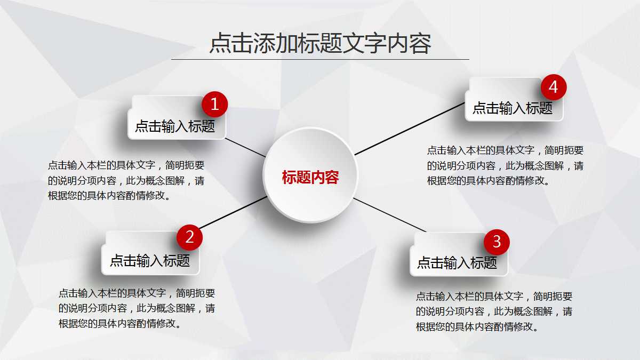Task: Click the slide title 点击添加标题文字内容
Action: (320, 44)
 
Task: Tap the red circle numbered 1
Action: (215, 105)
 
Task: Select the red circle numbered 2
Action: (189, 237)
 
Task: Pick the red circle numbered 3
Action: (497, 242)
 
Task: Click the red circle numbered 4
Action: (553, 87)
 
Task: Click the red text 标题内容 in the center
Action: (310, 178)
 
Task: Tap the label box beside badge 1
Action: (168, 126)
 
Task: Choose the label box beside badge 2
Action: (144, 260)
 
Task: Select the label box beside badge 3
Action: (451, 262)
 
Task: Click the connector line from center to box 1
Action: (245, 147)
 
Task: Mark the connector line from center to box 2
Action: (233, 212)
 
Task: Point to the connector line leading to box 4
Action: (410, 129)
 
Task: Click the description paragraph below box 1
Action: (126, 180)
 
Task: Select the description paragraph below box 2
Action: (137, 308)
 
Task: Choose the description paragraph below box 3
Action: (494, 311)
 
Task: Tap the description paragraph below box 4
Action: (505, 165)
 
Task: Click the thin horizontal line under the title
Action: (320, 59)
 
